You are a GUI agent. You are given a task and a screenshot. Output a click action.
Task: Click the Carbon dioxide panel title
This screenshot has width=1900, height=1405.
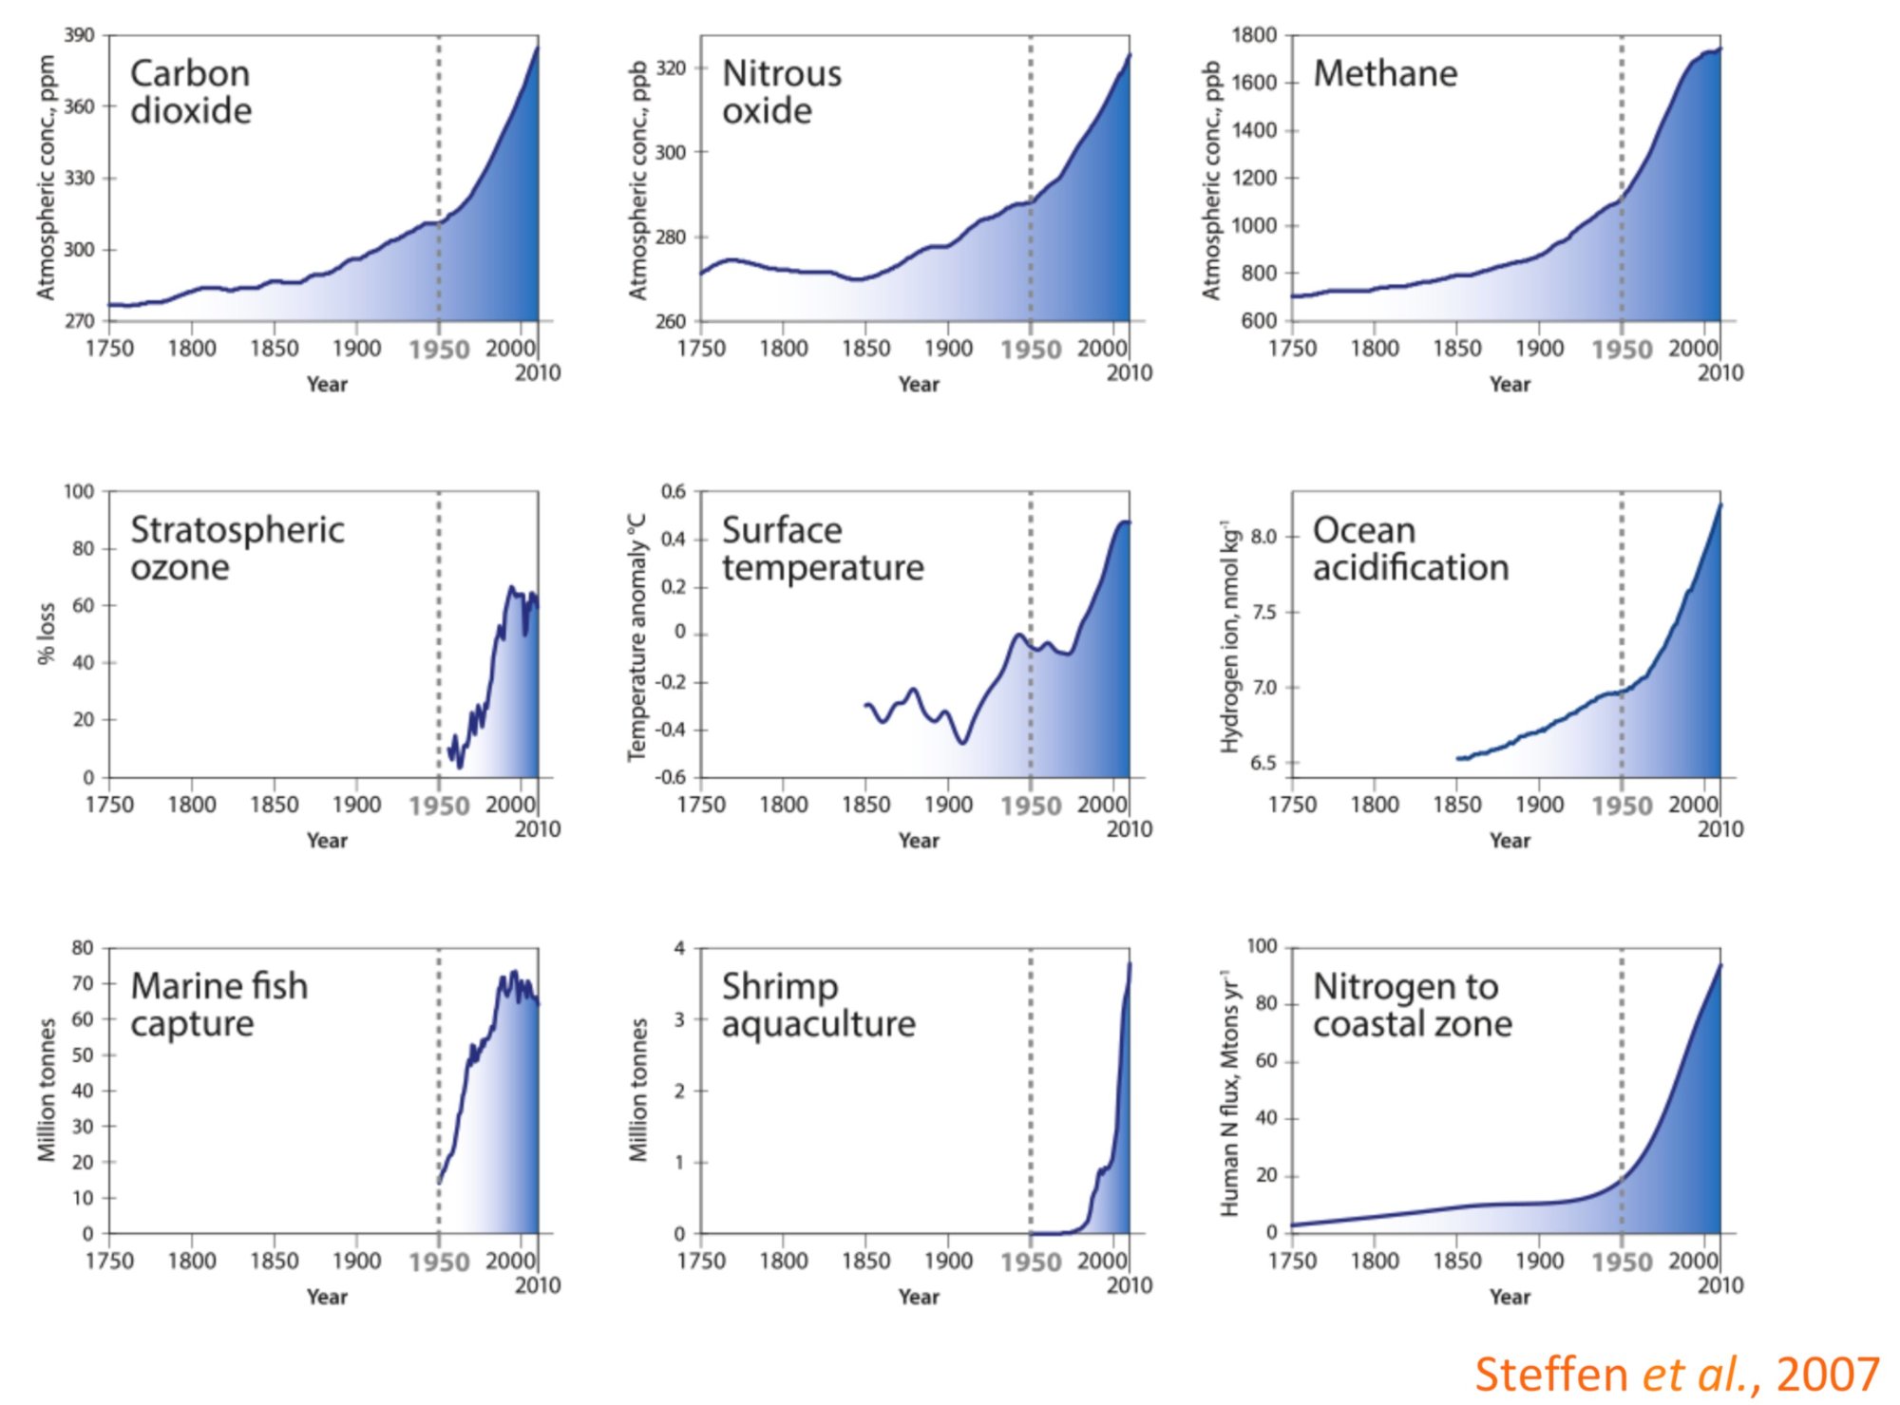click(x=191, y=92)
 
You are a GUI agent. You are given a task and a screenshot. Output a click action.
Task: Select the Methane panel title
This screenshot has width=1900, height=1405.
click(x=1385, y=74)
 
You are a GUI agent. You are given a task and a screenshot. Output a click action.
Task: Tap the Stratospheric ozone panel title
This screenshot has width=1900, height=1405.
click(x=237, y=548)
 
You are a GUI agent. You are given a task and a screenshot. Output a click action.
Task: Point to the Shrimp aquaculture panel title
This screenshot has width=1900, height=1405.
click(x=818, y=1005)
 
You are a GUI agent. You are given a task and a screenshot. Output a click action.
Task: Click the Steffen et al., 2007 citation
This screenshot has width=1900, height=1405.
click(x=1677, y=1375)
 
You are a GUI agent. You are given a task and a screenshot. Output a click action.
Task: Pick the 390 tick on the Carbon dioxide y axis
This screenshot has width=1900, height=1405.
click(x=80, y=35)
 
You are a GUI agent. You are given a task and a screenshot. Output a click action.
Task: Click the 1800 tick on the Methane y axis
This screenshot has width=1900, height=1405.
click(x=1254, y=35)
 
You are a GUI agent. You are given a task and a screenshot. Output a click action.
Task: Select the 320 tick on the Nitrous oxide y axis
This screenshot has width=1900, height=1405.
click(x=671, y=68)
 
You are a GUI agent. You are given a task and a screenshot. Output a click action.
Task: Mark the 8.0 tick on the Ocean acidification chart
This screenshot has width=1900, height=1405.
click(x=1263, y=537)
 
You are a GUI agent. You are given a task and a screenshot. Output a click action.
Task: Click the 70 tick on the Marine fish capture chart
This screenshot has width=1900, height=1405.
click(x=83, y=983)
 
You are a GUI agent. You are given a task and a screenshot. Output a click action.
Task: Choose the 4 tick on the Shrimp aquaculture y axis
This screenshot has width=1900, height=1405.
click(x=679, y=948)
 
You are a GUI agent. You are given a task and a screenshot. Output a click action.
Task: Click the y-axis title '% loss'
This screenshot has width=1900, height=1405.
click(x=47, y=634)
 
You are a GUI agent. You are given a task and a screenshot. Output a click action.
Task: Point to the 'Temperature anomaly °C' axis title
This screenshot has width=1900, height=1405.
click(x=637, y=636)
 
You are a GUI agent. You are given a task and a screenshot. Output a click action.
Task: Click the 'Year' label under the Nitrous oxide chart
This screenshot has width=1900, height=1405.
click(x=919, y=385)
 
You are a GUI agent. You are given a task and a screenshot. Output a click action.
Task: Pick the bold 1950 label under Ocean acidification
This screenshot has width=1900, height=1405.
click(x=1622, y=807)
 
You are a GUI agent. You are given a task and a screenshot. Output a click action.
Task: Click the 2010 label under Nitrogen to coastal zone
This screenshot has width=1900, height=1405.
click(x=1720, y=1285)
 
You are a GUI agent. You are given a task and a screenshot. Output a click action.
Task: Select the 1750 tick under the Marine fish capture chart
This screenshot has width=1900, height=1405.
click(x=109, y=1262)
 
